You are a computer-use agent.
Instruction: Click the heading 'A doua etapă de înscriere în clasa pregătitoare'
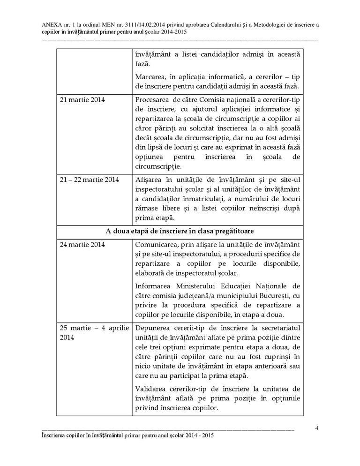(x=180, y=232)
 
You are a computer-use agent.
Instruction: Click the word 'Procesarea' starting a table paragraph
(x=151, y=100)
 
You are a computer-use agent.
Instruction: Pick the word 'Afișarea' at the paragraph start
(x=148, y=180)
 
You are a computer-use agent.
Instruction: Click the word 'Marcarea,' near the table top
(x=151, y=76)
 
